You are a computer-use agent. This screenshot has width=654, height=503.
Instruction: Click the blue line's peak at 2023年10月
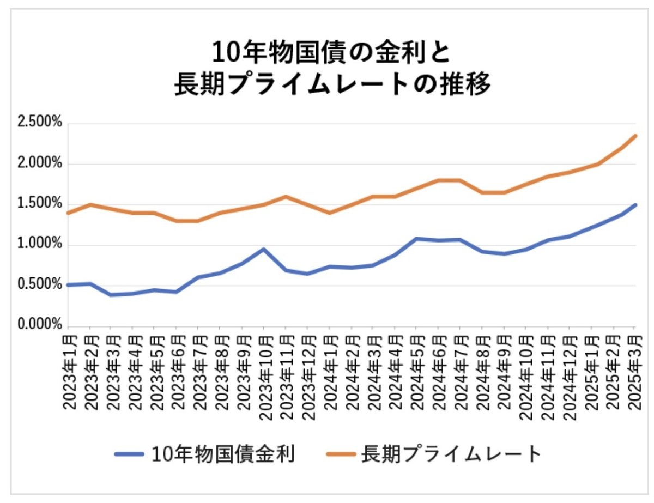tap(264, 249)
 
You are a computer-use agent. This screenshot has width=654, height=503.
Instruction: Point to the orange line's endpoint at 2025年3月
tap(635, 136)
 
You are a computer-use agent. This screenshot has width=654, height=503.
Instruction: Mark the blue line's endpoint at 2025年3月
tap(635, 205)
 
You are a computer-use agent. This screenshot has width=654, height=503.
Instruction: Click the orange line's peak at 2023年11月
tap(286, 196)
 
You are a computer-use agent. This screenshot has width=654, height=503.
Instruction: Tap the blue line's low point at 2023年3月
tap(111, 295)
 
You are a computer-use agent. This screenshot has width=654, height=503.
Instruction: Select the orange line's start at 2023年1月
tap(67, 213)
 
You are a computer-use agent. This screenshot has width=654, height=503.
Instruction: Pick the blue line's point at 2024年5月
tap(416, 239)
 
